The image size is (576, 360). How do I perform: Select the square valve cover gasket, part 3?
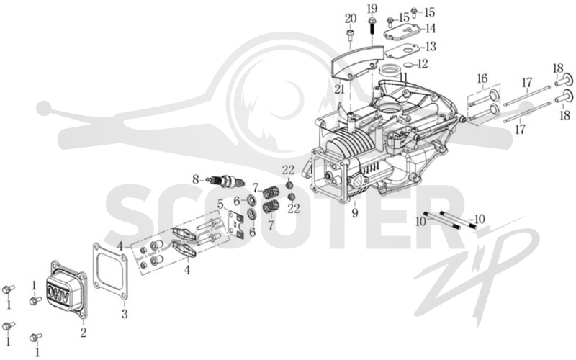pyautogui.click(x=110, y=270)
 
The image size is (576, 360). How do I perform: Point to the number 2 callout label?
pyautogui.click(x=84, y=333)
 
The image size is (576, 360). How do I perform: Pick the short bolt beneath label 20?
pyautogui.click(x=350, y=35)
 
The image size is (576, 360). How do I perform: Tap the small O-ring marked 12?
pyautogui.click(x=407, y=65)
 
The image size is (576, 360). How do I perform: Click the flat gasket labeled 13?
pyautogui.click(x=400, y=50)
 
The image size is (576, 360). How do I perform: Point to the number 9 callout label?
pyautogui.click(x=354, y=212)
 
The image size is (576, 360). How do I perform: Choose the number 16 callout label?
pyautogui.click(x=482, y=78)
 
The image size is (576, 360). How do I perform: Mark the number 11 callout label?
pyautogui.click(x=403, y=77)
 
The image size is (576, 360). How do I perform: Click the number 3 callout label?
pyautogui.click(x=125, y=314)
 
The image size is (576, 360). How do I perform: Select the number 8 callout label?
pyautogui.click(x=195, y=179)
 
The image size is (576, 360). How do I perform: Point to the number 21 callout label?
pyautogui.click(x=339, y=89)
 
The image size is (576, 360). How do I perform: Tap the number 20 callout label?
pyautogui.click(x=351, y=18)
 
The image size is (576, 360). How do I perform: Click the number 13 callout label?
pyautogui.click(x=431, y=47)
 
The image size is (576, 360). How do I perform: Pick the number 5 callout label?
pyautogui.click(x=220, y=204)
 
